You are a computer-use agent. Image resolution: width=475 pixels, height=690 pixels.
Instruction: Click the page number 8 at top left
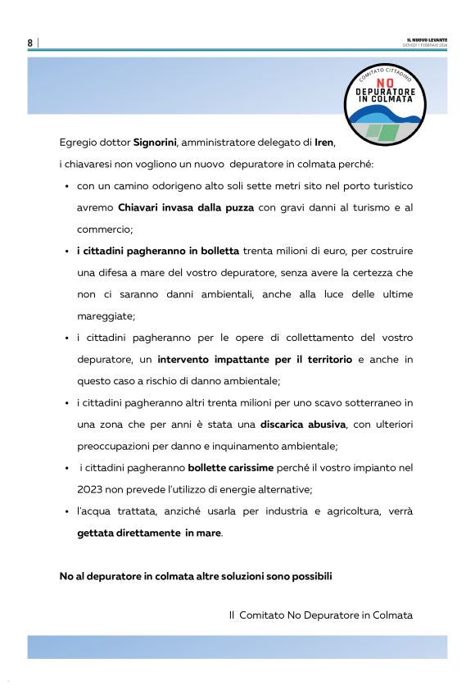pyautogui.click(x=30, y=43)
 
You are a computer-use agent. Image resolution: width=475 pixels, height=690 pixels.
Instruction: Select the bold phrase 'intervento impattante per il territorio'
pyautogui.click(x=255, y=359)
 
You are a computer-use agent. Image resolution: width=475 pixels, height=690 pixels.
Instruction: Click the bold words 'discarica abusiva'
pyautogui.click(x=304, y=424)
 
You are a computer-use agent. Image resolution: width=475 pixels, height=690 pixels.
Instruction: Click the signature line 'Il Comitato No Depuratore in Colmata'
pyautogui.click(x=320, y=615)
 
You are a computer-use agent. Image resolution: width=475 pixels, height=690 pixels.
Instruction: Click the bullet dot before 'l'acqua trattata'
pyautogui.click(x=66, y=511)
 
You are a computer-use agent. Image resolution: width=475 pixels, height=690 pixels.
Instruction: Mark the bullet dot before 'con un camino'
pyautogui.click(x=66, y=186)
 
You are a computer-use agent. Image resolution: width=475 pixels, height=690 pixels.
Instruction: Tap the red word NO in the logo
pyautogui.click(x=385, y=82)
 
